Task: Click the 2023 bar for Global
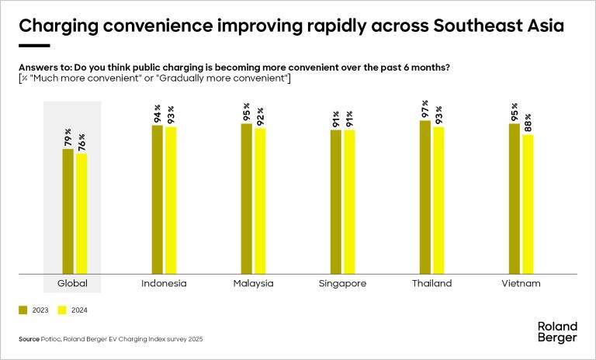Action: (68, 211)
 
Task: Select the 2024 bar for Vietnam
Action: (528, 204)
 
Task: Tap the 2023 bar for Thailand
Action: (424, 197)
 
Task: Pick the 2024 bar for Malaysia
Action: (260, 201)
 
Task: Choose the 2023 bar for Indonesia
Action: (157, 199)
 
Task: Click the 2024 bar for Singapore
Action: (349, 202)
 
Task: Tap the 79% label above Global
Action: (68, 138)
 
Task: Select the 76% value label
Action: (81, 143)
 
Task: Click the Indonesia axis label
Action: (164, 284)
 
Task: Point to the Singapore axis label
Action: (342, 284)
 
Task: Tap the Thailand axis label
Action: (431, 284)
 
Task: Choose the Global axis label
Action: (74, 284)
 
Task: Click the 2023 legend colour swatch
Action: (23, 310)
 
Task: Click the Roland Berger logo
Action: (557, 332)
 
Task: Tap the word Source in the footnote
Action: (29, 339)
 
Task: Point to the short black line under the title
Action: (33, 46)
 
